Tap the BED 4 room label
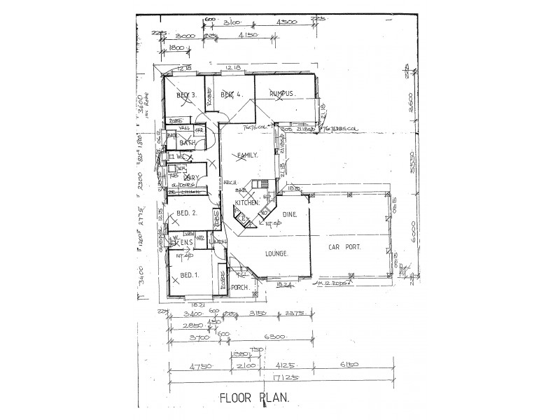tap(230, 94)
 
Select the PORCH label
tap(241, 287)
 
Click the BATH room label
tap(187, 143)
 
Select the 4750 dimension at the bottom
tap(200, 365)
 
